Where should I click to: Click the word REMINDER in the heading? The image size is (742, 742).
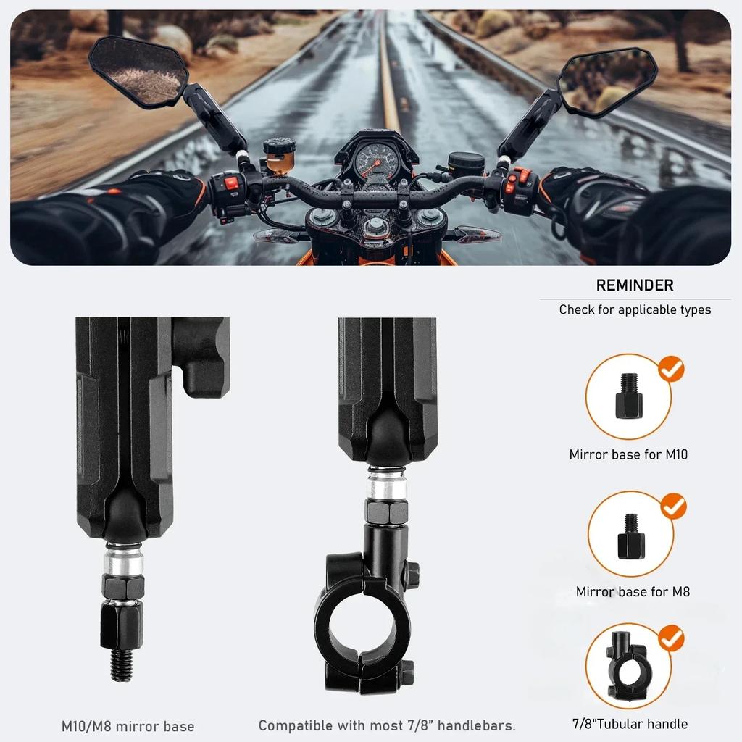(635, 285)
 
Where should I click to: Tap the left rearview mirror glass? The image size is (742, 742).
(140, 70)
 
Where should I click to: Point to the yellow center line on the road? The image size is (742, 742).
(389, 80)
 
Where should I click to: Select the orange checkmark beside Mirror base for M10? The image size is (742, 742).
(672, 370)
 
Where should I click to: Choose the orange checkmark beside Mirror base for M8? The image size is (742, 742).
(673, 505)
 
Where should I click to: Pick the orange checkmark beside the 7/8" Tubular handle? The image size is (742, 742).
(672, 638)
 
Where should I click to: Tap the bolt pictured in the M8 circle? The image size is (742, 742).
(630, 537)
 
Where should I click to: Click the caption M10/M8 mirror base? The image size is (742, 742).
(128, 726)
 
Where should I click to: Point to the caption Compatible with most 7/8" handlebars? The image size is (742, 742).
(387, 725)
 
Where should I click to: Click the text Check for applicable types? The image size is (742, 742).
(635, 310)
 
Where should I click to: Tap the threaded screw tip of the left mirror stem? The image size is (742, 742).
(120, 664)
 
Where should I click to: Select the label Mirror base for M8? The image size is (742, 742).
(633, 592)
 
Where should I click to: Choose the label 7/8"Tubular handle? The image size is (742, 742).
(630, 723)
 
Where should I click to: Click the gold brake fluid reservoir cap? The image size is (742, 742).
(279, 145)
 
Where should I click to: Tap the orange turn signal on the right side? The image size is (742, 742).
(478, 235)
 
